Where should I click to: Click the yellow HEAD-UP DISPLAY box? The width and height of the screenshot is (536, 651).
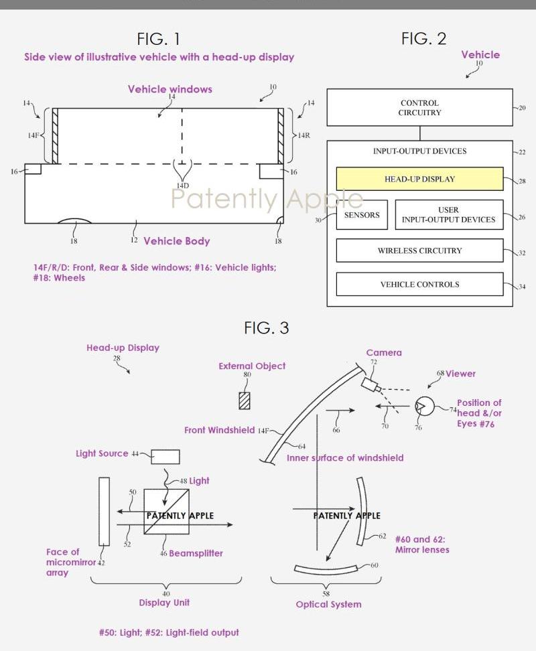[x=419, y=179]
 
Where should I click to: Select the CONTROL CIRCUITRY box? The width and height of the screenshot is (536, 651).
[x=419, y=108]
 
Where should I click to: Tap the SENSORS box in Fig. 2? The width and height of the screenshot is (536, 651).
[x=362, y=215]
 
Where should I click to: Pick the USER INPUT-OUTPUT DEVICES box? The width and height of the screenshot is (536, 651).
[x=448, y=214]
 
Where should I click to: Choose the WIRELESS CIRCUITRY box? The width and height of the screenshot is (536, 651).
[x=419, y=250]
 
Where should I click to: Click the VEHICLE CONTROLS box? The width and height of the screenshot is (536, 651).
[x=419, y=284]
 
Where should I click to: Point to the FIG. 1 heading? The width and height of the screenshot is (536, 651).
[x=158, y=39]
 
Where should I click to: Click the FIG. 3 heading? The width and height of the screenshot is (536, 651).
[x=266, y=328]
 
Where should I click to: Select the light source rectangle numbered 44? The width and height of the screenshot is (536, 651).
[x=165, y=457]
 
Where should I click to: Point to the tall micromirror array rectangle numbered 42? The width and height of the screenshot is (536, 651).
[x=104, y=512]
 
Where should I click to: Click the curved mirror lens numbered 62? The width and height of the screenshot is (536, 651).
[x=362, y=511]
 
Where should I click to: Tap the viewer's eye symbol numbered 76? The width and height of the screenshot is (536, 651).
[x=424, y=406]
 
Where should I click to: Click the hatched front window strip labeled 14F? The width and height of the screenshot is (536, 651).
[x=53, y=136]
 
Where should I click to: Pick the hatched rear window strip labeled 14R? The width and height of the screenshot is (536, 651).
[x=281, y=136]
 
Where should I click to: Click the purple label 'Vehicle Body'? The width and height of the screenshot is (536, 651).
[x=176, y=241]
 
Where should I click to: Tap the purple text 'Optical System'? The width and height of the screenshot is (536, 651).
[x=328, y=604]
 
